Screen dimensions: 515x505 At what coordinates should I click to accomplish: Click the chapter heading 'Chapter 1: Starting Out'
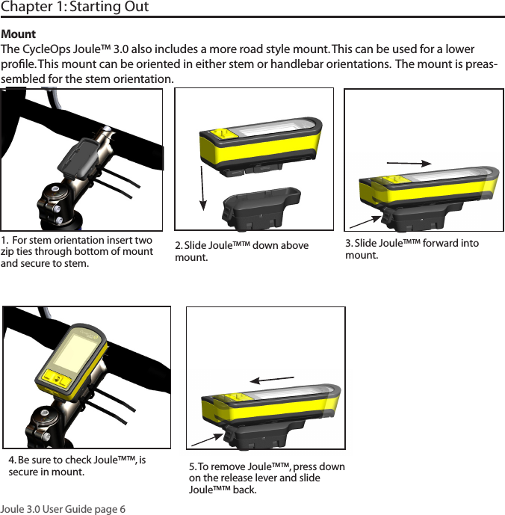(75, 7)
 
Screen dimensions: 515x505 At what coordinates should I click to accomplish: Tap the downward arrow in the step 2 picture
(203, 183)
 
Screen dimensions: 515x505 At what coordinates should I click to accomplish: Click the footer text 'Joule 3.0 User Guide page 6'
(63, 509)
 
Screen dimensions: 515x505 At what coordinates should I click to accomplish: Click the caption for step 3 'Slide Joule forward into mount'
(412, 249)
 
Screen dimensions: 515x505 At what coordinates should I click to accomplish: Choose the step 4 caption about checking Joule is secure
(77, 466)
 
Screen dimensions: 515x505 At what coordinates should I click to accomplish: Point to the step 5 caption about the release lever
(267, 478)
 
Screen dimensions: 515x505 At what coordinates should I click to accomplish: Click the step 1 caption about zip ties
(77, 251)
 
